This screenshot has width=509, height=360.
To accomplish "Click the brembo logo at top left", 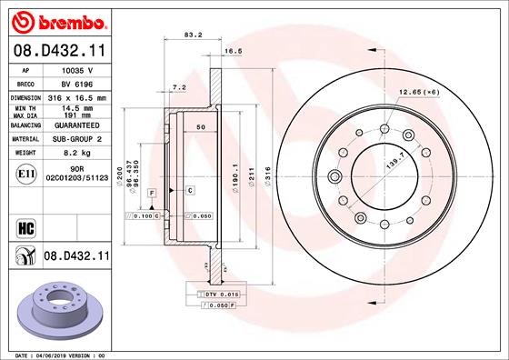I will (56, 20).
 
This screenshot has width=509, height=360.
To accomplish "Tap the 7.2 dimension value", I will (179, 87).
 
